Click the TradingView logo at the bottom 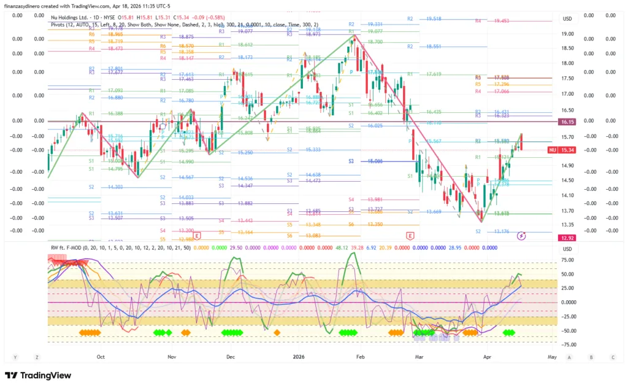click(38, 375)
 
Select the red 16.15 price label click(567, 122)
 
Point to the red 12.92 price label click(567, 238)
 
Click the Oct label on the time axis click(101, 356)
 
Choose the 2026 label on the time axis click(299, 356)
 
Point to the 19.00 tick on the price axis click(567, 34)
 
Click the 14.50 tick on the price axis click(567, 180)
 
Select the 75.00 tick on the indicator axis click(567, 260)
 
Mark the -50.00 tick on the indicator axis click(567, 330)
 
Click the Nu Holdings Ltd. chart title click(72, 17)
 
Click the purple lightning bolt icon click(521, 235)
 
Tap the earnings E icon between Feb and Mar click(410, 235)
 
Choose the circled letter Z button click(37, 357)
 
